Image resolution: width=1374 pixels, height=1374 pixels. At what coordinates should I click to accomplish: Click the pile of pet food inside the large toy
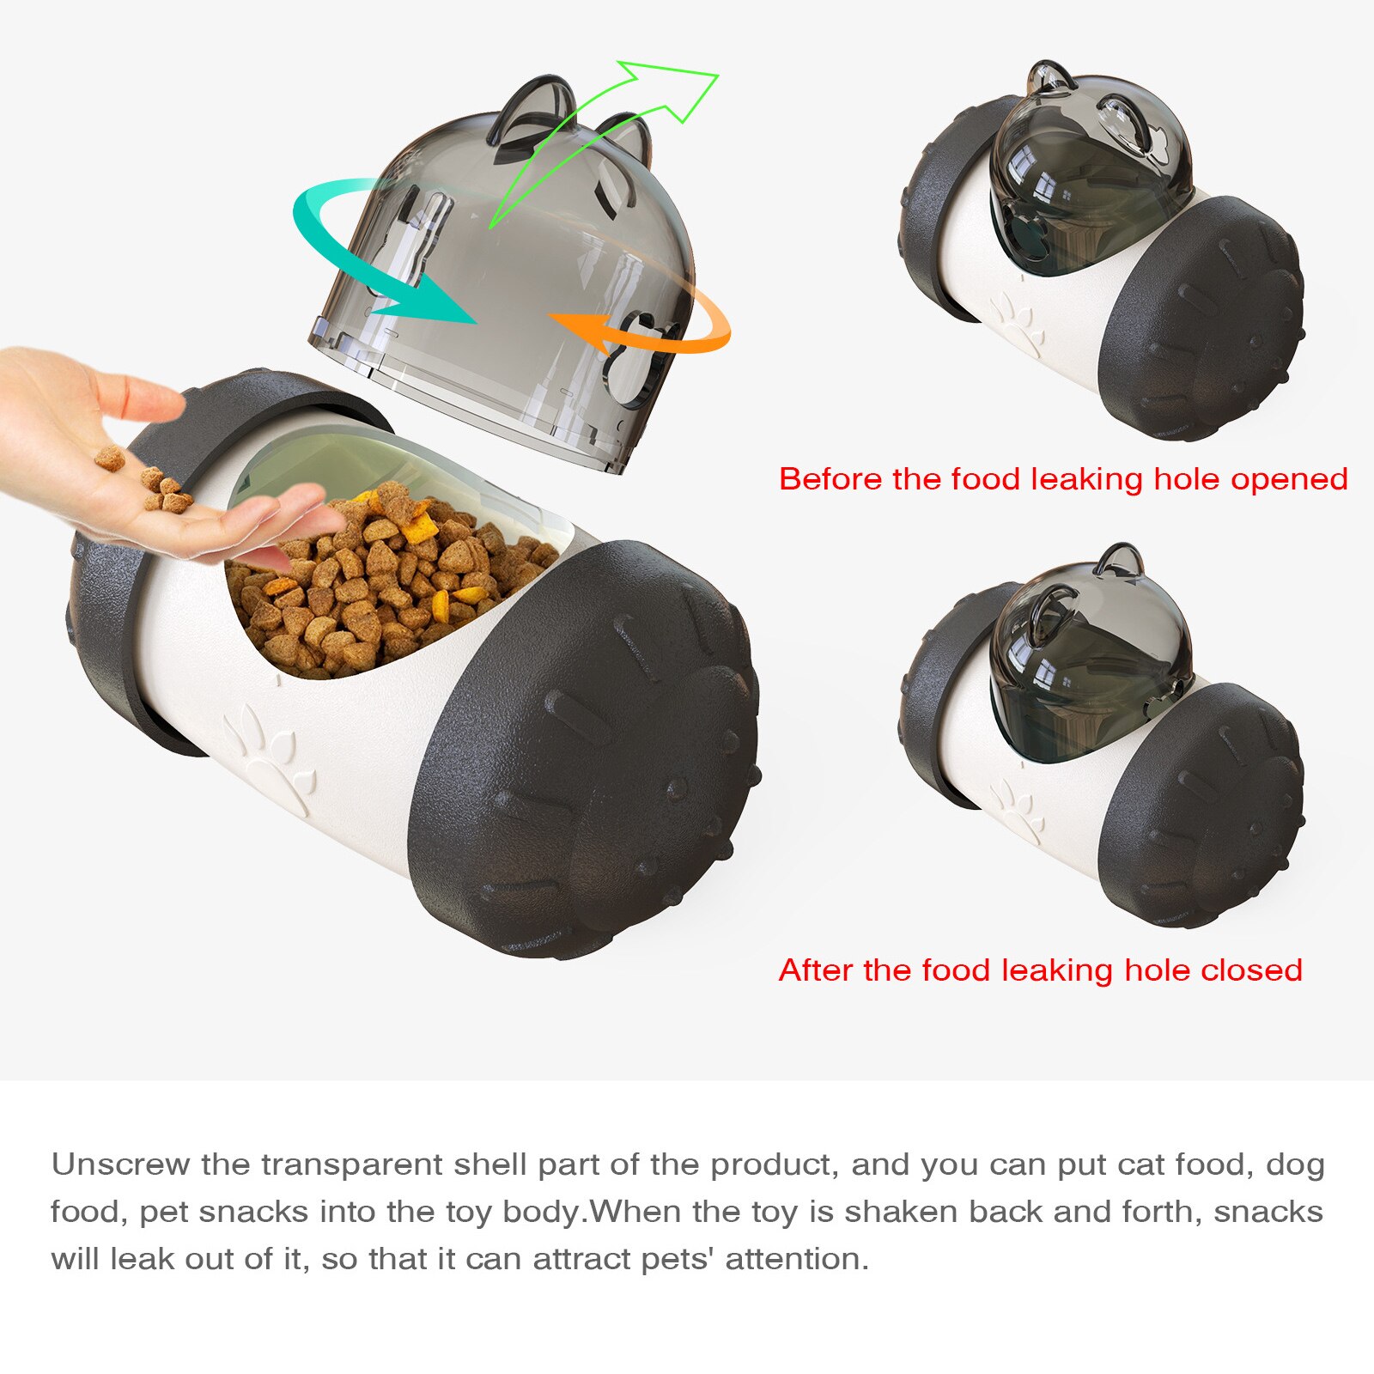pyautogui.click(x=386, y=584)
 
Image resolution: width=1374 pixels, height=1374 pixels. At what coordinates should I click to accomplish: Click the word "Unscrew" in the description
pyautogui.click(x=119, y=1164)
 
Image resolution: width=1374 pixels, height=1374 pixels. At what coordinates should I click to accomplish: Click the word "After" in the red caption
pyautogui.click(x=815, y=970)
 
